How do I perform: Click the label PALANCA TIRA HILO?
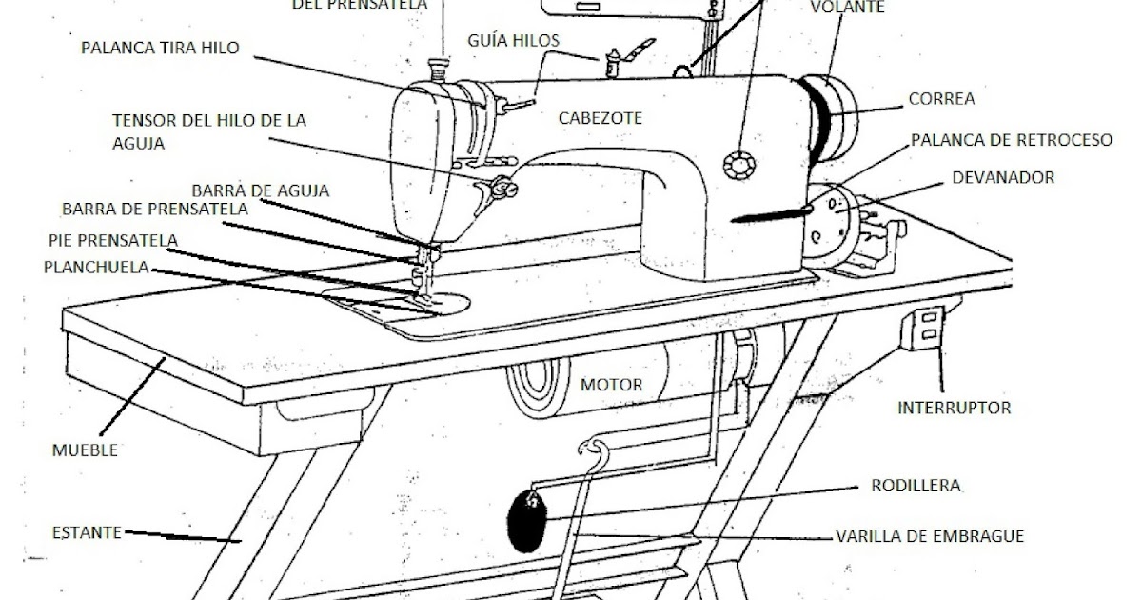coord(160,47)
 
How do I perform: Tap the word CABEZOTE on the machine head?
coord(600,118)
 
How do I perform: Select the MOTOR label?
coord(611,386)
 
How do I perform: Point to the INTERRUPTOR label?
coord(954,409)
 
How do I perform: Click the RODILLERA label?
coord(916,486)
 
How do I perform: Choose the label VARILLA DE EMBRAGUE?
coord(929,536)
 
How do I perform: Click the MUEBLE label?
coord(86,450)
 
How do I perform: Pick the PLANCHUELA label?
coord(95,268)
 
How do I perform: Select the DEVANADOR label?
coord(1003,177)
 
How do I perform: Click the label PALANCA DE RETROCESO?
coord(1011,140)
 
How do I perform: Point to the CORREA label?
coord(941,98)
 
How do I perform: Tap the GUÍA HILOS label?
coord(513,40)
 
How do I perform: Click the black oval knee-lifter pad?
coord(525,521)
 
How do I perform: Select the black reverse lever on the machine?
coord(771,215)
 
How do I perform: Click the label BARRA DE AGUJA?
coord(260,190)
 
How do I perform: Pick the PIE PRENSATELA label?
coord(111,239)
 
